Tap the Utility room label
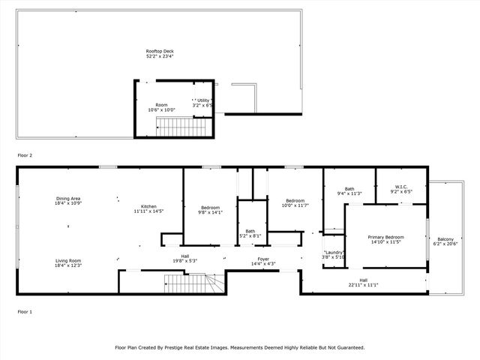204,100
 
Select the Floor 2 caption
25,155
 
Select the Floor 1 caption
25,310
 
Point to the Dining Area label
68,198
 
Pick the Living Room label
68,260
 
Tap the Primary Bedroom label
385,237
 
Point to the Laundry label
334,252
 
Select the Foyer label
263,259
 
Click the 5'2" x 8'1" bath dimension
250,235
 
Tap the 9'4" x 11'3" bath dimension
349,193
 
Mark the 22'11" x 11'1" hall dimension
363,284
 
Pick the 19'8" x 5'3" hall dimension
184,260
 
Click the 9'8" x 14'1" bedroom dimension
210,212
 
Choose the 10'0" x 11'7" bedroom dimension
295,205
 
